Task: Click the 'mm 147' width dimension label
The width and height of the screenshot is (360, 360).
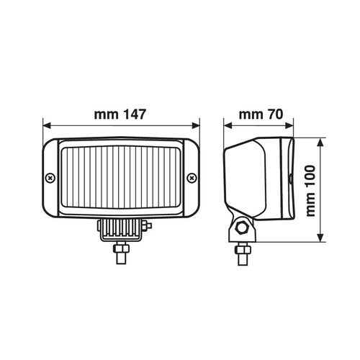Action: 120,114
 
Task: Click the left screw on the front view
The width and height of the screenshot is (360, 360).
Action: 50,177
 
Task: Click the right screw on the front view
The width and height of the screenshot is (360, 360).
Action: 192,177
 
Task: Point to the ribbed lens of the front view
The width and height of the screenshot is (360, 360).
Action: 121,181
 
